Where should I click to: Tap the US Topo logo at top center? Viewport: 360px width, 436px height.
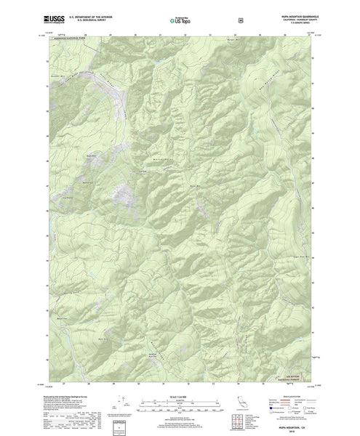click(x=180, y=22)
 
